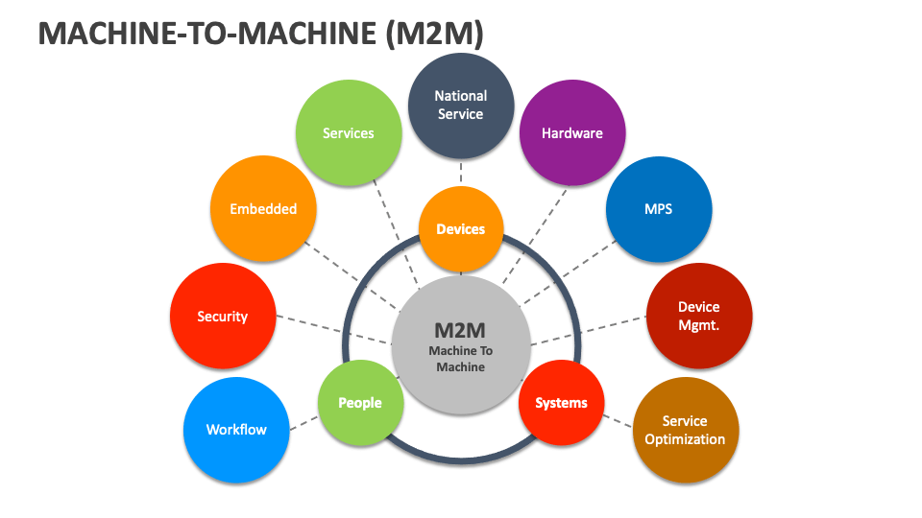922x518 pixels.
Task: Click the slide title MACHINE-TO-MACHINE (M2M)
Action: (x=260, y=34)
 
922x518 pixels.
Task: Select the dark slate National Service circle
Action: (x=461, y=106)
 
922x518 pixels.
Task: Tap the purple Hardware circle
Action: (x=572, y=132)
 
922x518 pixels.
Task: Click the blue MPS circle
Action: (x=659, y=209)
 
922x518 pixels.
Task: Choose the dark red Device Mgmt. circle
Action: (x=698, y=316)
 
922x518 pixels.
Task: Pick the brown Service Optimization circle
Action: (x=685, y=430)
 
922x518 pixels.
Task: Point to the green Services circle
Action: (x=348, y=132)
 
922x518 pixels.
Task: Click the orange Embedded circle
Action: (x=263, y=209)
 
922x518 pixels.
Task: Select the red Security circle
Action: (x=223, y=316)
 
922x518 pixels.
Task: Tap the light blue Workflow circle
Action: (x=236, y=430)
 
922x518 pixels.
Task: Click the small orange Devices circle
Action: (x=461, y=229)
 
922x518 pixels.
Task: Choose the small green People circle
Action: (x=360, y=403)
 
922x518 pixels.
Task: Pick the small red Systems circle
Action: (x=561, y=403)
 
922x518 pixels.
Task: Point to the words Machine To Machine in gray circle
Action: (x=461, y=359)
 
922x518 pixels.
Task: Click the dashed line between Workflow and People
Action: (x=303, y=422)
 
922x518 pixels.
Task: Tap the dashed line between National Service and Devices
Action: (x=461, y=174)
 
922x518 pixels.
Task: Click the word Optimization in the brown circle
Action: (x=685, y=439)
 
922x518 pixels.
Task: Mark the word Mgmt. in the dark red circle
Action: (x=698, y=325)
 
